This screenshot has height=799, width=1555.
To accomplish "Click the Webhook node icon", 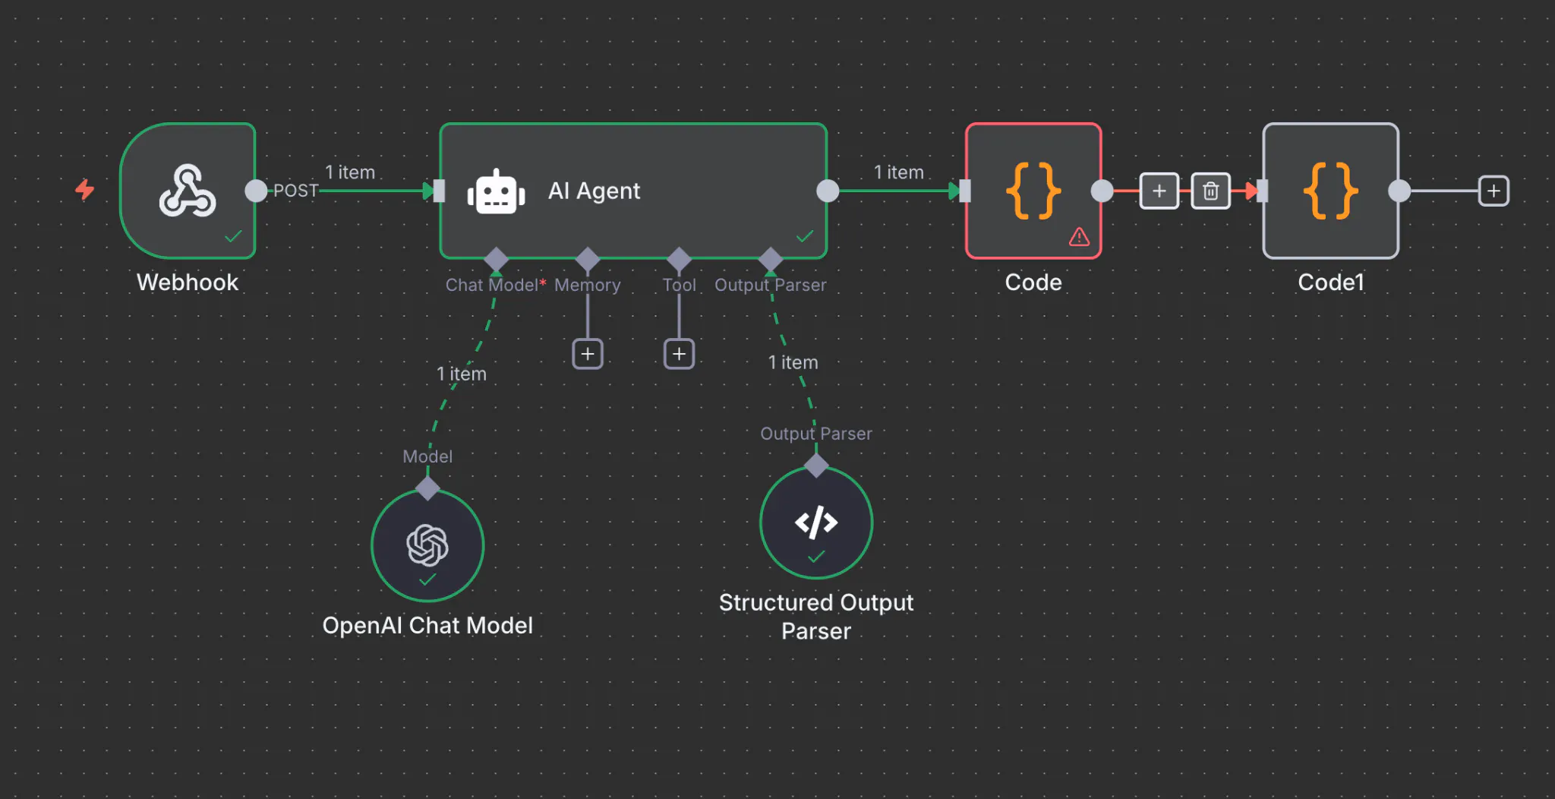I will click(187, 191).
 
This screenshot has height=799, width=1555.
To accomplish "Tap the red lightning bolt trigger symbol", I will click(85, 189).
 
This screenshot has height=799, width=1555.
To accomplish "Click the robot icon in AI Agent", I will click(496, 191).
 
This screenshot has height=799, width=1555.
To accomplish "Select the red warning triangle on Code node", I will click(1079, 237).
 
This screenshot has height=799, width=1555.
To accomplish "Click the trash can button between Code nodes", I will click(1210, 191).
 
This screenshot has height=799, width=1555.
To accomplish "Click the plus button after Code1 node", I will click(1493, 191).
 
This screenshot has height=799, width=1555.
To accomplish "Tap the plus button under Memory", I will click(587, 354).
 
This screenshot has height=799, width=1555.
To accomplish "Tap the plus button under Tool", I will click(679, 354).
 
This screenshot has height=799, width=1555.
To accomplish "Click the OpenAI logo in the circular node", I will click(427, 545).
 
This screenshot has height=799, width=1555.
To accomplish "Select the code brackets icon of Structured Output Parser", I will click(816, 523).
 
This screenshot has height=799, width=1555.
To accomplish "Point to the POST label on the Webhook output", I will click(295, 191).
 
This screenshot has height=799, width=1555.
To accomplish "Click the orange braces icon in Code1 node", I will click(1330, 191).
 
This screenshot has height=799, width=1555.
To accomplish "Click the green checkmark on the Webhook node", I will click(233, 236).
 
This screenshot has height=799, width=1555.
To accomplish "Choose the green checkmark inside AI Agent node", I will click(805, 236).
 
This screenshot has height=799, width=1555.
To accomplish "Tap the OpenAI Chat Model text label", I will click(427, 625).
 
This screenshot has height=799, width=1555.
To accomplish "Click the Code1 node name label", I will click(1330, 283).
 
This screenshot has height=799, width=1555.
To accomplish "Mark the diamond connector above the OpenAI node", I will click(427, 488).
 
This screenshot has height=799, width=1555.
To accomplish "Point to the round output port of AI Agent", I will click(828, 191).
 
